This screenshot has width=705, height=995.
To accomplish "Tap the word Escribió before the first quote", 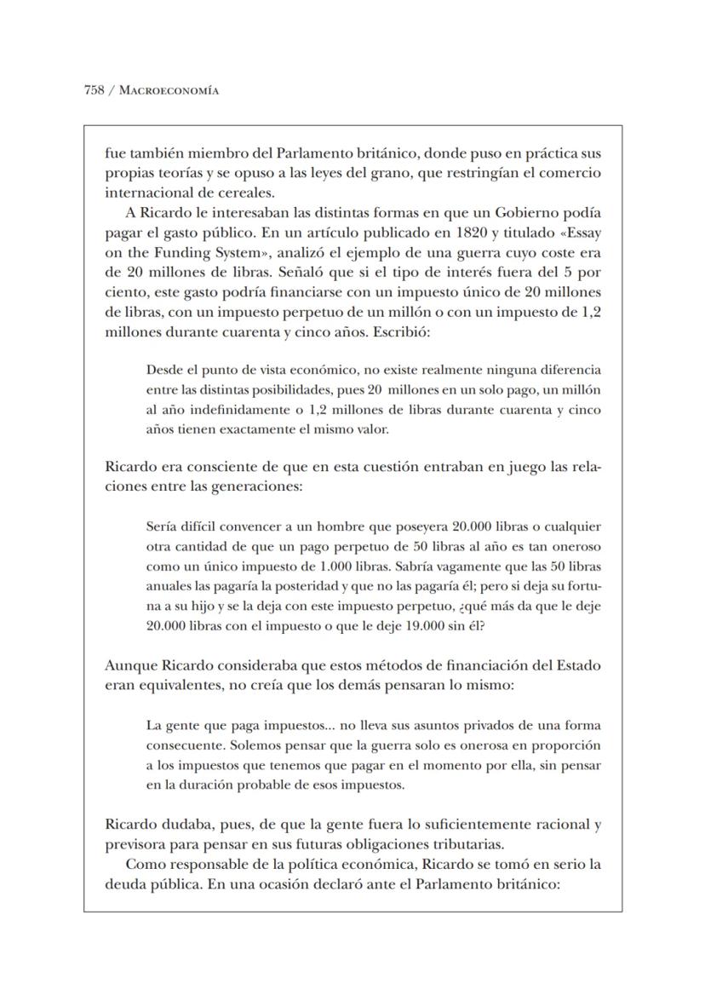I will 402,331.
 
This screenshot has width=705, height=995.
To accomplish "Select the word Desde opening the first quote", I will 163,371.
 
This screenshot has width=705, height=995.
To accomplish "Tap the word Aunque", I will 128,665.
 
